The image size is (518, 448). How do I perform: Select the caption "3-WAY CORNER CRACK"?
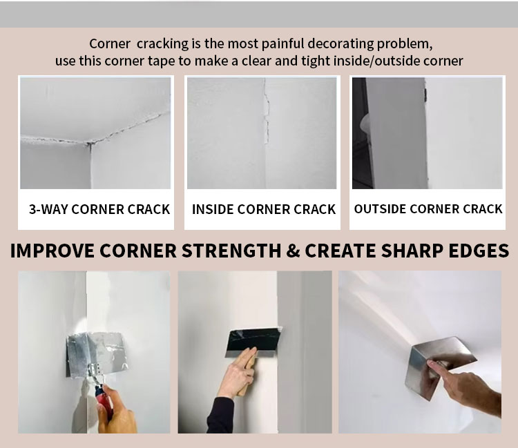click(99, 209)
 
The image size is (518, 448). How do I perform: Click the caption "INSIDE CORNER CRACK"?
click(264, 209)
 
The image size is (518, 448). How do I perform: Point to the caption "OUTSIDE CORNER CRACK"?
click(428, 209)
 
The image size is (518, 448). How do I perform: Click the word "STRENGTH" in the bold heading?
click(231, 251)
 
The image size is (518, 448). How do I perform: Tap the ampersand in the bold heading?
click(293, 251)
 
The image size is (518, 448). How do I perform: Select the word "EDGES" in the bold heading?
click(479, 251)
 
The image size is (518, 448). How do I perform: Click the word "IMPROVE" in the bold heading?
click(52, 251)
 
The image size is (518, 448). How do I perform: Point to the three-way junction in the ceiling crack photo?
click(89, 144)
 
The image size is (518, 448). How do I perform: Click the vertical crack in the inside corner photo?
click(266, 113)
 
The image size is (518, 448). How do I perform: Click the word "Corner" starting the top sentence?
click(110, 44)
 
